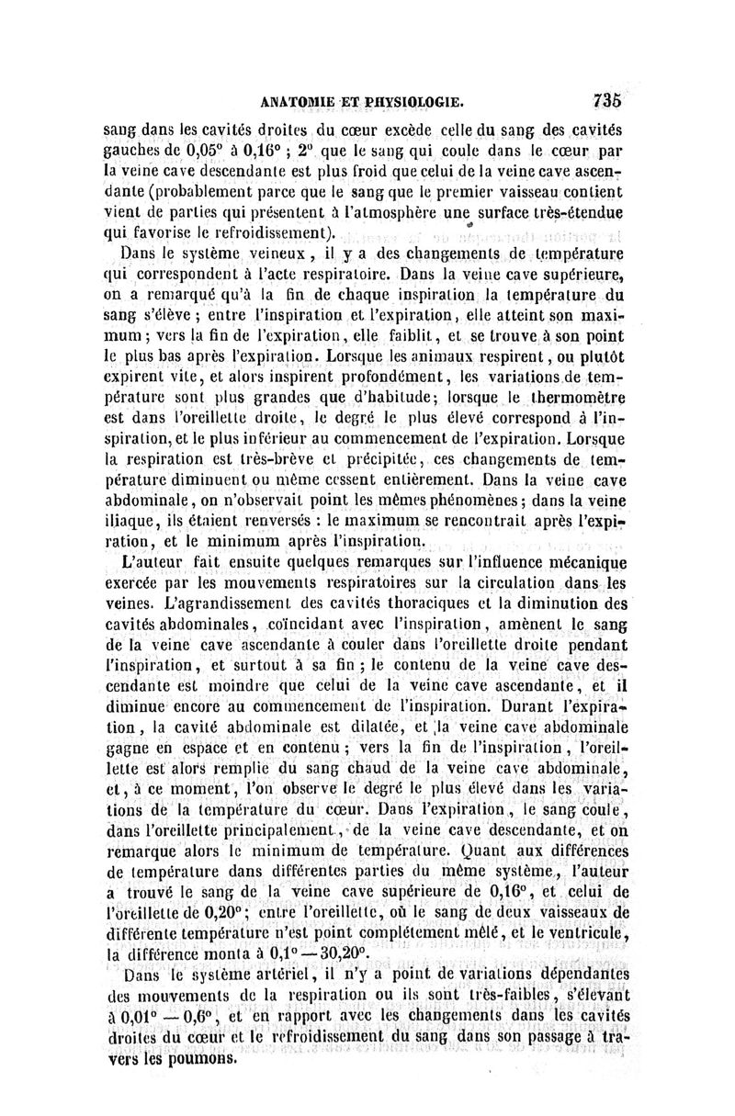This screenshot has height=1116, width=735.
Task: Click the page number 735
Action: click(x=608, y=100)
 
